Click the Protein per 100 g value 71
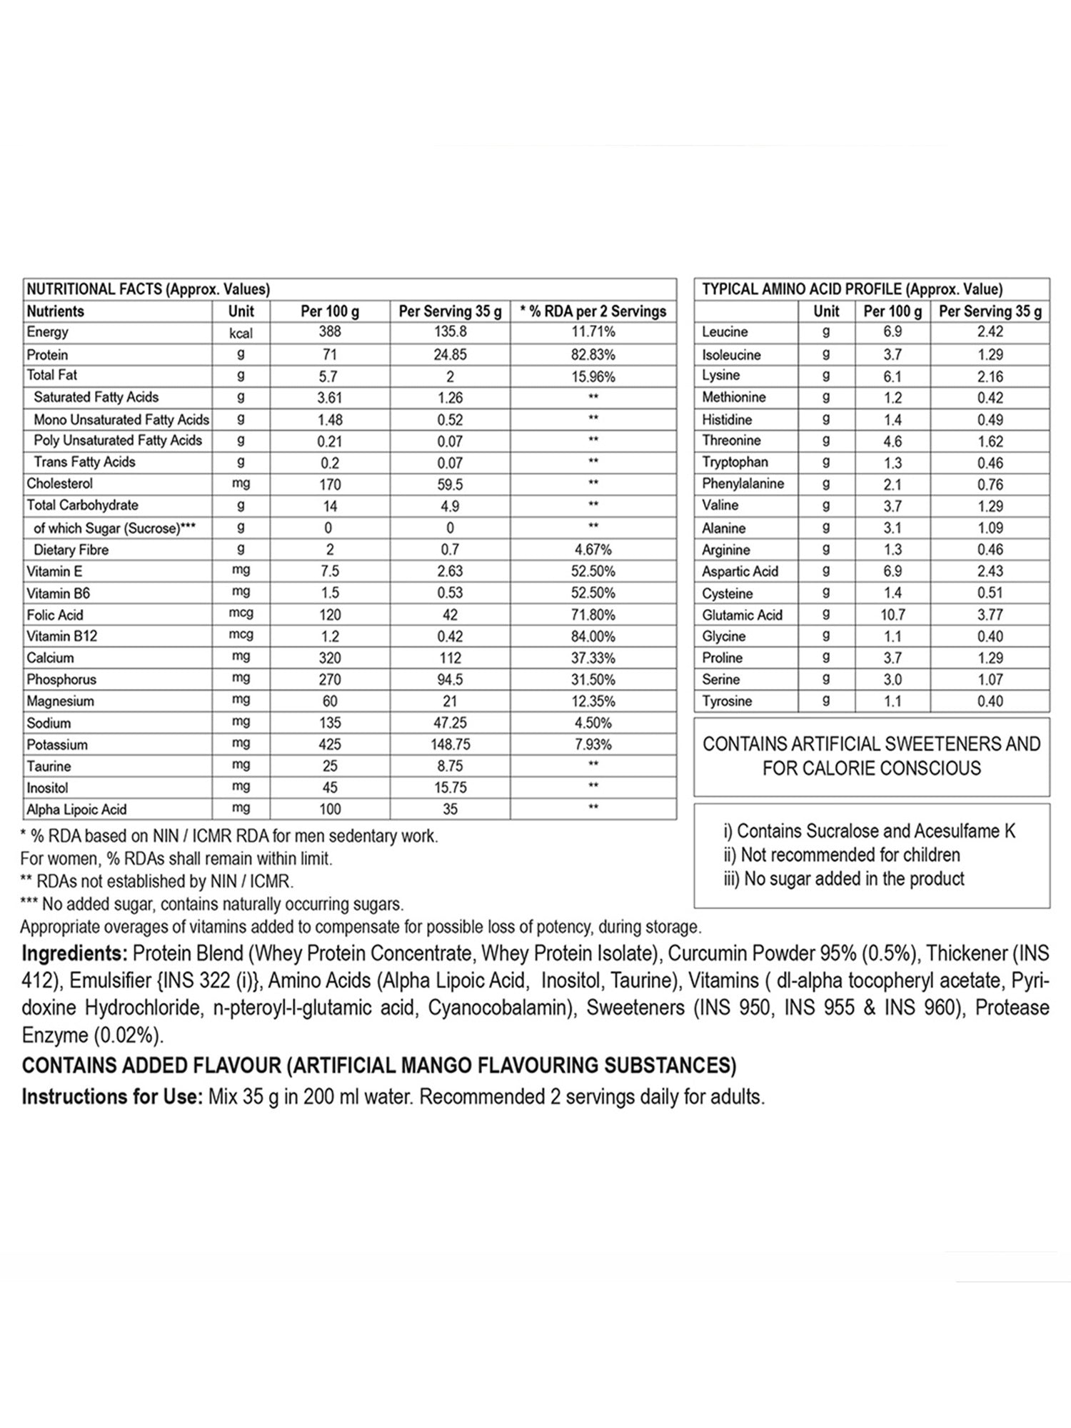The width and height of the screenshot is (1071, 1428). (x=329, y=355)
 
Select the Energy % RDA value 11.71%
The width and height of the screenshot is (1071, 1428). (x=593, y=332)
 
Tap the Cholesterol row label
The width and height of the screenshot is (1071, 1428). (x=60, y=483)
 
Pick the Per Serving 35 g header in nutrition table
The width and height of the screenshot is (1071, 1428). (x=450, y=311)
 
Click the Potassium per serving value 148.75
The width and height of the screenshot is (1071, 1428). (x=450, y=745)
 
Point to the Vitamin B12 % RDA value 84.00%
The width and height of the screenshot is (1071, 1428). (x=593, y=636)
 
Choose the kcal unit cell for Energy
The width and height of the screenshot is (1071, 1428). (x=241, y=333)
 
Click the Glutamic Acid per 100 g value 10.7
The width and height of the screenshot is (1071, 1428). (x=892, y=615)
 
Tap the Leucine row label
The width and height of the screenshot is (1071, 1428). (x=725, y=332)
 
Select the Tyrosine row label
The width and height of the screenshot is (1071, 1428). (x=727, y=701)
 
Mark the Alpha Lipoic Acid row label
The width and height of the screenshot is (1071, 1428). (x=76, y=810)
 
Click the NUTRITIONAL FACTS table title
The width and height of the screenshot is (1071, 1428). (x=148, y=289)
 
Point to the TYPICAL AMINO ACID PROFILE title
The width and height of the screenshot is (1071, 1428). (x=852, y=289)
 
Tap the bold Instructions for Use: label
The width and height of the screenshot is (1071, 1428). (x=112, y=1097)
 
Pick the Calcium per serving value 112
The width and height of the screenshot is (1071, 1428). (x=450, y=658)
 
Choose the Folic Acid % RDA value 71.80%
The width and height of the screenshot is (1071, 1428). (x=593, y=615)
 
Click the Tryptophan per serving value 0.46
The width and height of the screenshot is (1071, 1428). (x=990, y=463)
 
